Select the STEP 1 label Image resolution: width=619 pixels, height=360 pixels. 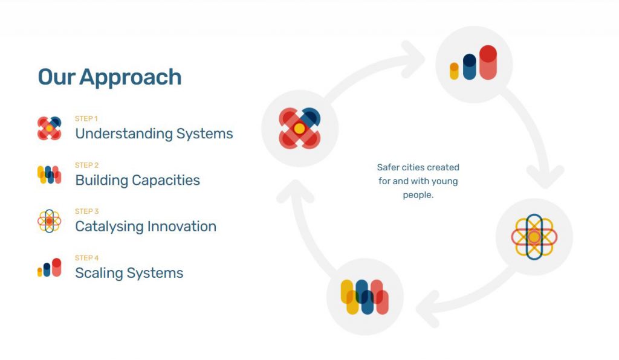point(86,118)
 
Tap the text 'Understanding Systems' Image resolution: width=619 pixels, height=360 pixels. point(154,133)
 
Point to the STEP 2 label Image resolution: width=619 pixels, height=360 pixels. point(87,166)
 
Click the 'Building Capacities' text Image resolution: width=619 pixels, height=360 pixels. point(137,180)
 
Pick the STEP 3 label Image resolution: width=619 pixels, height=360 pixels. point(87,211)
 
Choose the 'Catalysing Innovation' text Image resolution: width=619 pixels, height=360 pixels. point(146,227)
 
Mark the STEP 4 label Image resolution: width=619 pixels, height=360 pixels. point(87,258)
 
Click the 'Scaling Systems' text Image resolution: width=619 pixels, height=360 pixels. point(129,273)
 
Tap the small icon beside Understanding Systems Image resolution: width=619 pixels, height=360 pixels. point(50,129)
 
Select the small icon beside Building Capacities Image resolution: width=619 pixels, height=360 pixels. point(50,175)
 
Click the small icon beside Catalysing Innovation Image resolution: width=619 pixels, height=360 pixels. point(50,221)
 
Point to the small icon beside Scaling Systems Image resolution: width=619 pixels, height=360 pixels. point(50,268)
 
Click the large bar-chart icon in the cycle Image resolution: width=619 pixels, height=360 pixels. point(473,63)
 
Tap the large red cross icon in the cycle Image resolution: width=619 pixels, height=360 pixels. point(300,129)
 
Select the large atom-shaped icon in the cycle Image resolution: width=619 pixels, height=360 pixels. point(534,237)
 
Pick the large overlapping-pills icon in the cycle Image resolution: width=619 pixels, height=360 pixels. point(365,297)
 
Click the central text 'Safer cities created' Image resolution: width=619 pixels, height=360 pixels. point(418,167)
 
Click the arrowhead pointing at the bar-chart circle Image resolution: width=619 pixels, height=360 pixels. point(412,59)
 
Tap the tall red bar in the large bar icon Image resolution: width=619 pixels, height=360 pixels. point(488,63)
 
